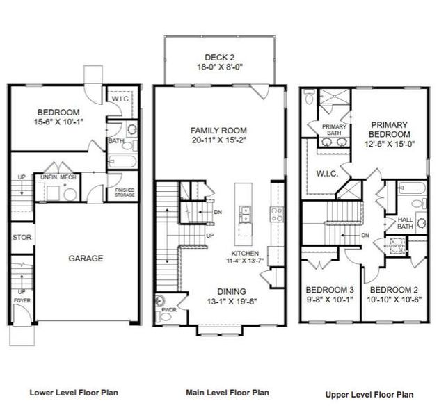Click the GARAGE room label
coord(86,258)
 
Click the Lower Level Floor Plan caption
coord(74,392)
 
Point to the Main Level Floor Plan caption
coord(227,393)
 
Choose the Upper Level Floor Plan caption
coord(371,394)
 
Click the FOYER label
coord(21,300)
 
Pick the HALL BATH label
coord(405,223)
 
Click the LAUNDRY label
coord(397,245)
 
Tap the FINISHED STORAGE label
coord(125,193)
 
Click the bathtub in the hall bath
coord(406,188)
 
